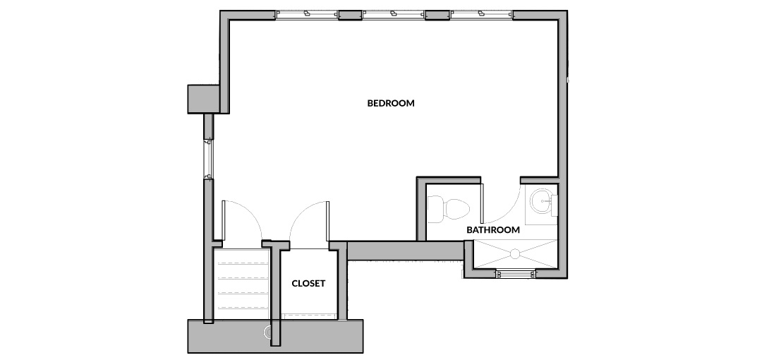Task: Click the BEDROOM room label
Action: (x=391, y=103)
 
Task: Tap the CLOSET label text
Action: (x=308, y=284)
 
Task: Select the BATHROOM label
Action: (x=493, y=230)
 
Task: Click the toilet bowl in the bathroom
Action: (x=456, y=209)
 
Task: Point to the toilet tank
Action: (x=435, y=209)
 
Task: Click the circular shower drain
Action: (x=514, y=253)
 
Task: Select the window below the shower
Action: (x=516, y=273)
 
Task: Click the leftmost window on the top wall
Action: (x=307, y=15)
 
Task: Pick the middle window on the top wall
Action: (x=394, y=15)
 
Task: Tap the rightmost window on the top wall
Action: (x=481, y=15)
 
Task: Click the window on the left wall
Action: (x=209, y=159)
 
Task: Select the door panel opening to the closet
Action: (x=328, y=222)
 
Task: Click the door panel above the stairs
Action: (x=224, y=220)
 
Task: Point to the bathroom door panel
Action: (x=483, y=203)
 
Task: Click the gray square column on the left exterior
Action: (x=204, y=99)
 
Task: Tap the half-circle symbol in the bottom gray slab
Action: (x=268, y=332)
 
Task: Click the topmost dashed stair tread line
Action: (x=243, y=263)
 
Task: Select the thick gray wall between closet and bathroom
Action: (x=406, y=251)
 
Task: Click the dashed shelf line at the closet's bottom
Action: (x=309, y=315)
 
